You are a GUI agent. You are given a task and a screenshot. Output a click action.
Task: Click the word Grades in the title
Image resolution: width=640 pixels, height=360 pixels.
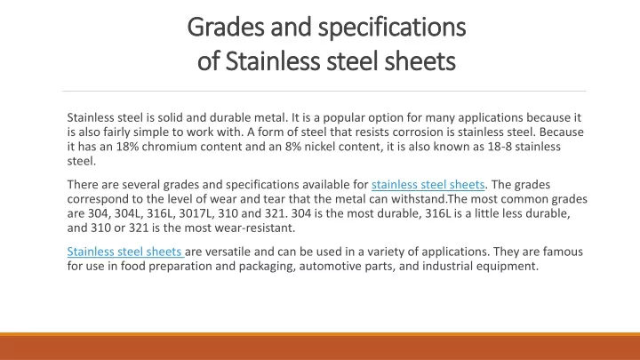pos(226,28)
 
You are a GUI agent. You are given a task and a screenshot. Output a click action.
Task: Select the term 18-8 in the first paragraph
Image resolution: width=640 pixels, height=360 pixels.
pos(500,147)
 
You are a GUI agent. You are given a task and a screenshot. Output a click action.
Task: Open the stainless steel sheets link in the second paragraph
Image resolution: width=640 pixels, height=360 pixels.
pos(428,185)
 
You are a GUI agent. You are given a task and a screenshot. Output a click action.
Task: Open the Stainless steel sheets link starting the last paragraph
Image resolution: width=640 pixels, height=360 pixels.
pos(124,252)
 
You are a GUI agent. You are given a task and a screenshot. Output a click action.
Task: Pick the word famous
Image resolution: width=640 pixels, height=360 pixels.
pos(563,252)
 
